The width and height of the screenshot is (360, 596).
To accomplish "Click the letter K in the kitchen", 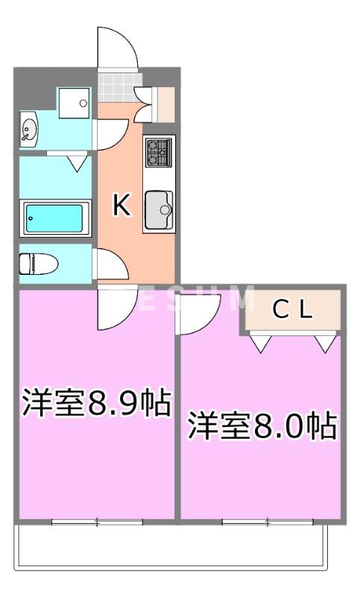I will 121,206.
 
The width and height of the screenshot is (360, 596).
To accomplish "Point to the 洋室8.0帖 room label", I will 261,426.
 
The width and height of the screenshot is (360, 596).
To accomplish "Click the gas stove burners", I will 158,153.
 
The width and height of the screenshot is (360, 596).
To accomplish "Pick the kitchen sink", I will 157,209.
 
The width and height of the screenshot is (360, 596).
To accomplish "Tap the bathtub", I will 54,218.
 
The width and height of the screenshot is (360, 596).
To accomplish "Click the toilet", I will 36,264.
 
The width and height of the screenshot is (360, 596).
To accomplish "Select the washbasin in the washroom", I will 30,130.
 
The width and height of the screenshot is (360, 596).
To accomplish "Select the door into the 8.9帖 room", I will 116,307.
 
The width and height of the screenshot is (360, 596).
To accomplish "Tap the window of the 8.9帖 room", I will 97,521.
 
